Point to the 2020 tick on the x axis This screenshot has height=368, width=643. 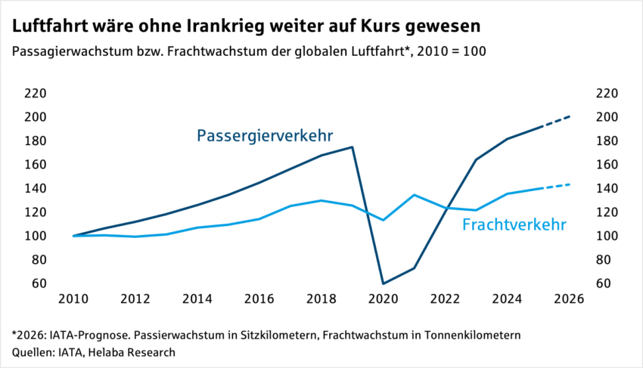click(383, 298)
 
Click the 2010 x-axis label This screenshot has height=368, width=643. click(73, 298)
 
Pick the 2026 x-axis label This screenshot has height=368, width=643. click(569, 298)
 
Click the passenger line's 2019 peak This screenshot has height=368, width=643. click(353, 147)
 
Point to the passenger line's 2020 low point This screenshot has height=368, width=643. click(383, 283)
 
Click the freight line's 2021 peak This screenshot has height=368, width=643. click(414, 195)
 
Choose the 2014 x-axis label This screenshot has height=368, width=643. click(197, 298)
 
